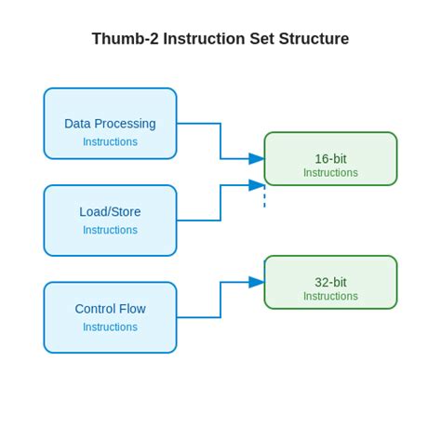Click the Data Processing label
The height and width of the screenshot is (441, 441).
click(x=110, y=123)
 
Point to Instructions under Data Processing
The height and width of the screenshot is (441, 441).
click(x=110, y=142)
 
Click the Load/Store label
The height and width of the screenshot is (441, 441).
click(x=110, y=211)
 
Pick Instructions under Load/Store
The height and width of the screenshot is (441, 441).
click(x=110, y=230)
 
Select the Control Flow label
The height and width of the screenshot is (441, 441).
click(x=110, y=309)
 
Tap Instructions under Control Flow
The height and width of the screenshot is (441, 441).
click(x=110, y=327)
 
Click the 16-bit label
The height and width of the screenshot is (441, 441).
click(x=330, y=158)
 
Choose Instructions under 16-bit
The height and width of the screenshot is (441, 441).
click(x=330, y=173)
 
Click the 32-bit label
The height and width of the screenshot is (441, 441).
click(x=330, y=282)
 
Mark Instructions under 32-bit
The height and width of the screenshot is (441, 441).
click(x=330, y=297)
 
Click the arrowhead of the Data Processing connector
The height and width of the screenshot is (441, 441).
click(x=257, y=159)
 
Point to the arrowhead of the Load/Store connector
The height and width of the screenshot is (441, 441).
click(x=257, y=184)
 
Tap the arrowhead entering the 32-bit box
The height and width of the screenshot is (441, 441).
click(x=257, y=282)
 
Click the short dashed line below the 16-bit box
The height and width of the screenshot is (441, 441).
click(x=264, y=197)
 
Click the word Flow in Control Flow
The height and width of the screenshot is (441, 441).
click(x=131, y=309)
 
